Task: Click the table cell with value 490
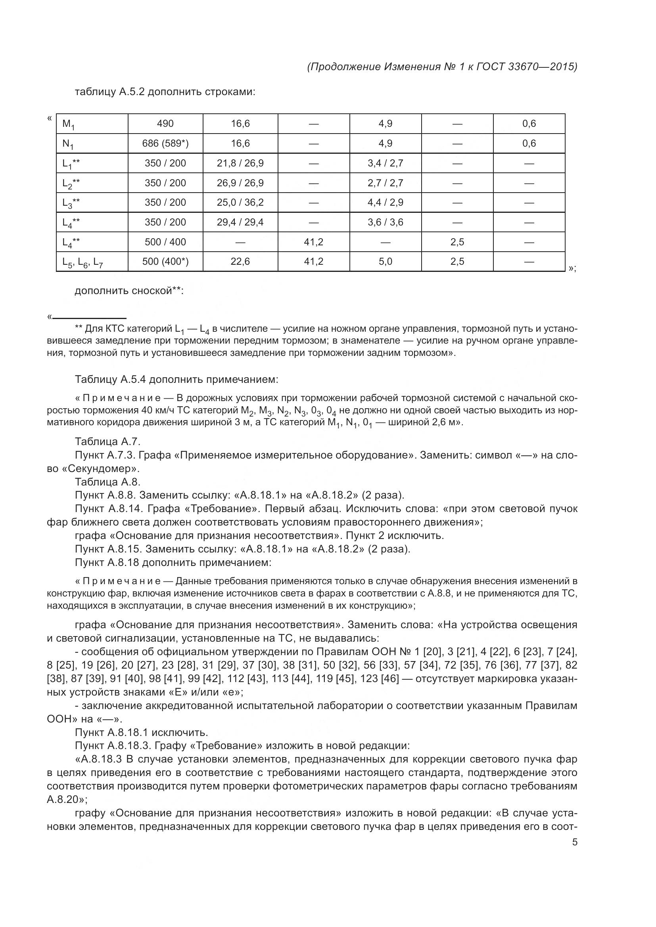[165, 124]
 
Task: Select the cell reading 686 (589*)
[165, 143]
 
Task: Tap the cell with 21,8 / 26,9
[240, 163]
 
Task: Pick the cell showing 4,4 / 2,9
[386, 202]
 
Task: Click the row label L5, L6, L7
[82, 262]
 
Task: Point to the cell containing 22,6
[240, 262]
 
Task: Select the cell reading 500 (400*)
[165, 262]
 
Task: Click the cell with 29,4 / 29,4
[240, 222]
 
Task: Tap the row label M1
[68, 124]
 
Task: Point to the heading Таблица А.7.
[107, 442]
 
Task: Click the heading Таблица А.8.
[107, 482]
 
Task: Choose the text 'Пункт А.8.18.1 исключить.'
[141, 732]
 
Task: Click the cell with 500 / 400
[165, 242]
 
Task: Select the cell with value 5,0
[386, 262]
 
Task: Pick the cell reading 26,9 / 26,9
[240, 183]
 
